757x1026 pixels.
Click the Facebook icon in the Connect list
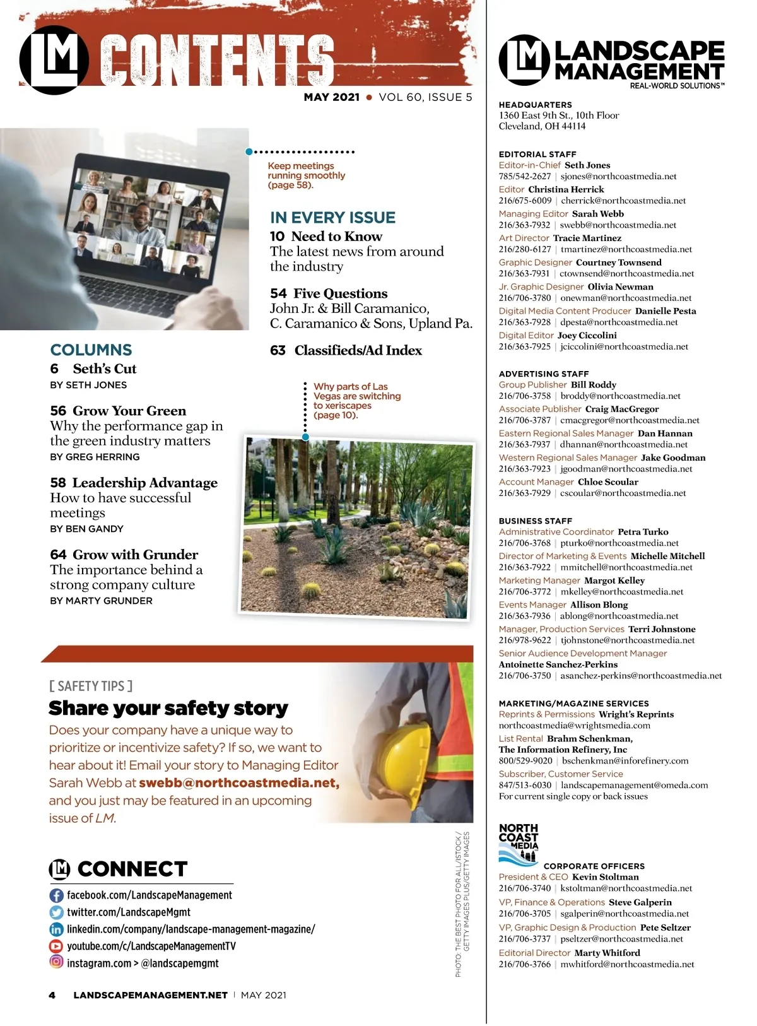(56, 895)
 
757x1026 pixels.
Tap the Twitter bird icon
(56, 912)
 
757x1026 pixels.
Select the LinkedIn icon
(56, 929)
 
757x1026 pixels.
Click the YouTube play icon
(56, 946)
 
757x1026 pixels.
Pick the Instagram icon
(56, 962)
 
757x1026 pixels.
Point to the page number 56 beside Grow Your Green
(58, 411)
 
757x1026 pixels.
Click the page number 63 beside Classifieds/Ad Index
(278, 350)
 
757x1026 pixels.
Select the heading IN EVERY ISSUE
(332, 218)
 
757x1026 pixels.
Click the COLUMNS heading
(91, 350)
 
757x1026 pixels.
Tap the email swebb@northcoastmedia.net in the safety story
(239, 783)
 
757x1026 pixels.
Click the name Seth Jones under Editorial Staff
(587, 165)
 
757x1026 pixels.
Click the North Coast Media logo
(519, 843)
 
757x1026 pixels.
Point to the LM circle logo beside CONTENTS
(54, 60)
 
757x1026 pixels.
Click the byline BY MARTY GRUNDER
(101, 601)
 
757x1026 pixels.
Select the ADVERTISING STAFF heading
(544, 374)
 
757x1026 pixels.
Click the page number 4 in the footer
(52, 995)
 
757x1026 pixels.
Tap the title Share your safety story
(168, 709)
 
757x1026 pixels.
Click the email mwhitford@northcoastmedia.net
(627, 964)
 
